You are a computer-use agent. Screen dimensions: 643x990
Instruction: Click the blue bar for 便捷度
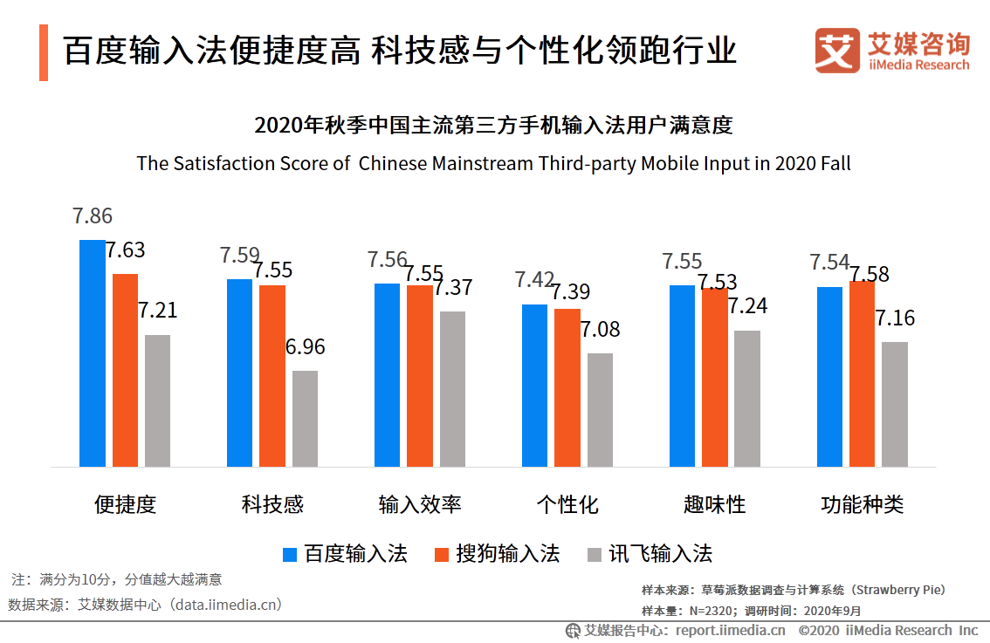92,353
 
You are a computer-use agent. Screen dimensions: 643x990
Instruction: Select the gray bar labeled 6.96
305,419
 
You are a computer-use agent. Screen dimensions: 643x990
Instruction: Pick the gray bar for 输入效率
452,389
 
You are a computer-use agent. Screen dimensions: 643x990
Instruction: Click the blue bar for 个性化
534,386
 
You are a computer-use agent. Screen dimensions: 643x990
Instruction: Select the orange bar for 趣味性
714,377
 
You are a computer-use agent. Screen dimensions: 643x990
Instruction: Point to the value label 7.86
92,216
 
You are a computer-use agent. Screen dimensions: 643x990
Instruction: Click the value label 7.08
600,329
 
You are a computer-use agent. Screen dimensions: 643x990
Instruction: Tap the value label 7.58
870,275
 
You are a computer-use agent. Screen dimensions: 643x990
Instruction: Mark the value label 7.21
157,311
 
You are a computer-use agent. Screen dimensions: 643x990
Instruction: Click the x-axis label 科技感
272,504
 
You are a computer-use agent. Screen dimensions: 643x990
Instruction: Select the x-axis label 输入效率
420,504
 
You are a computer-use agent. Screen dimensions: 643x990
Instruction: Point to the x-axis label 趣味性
714,504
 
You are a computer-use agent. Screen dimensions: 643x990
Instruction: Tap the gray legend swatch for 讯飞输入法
595,555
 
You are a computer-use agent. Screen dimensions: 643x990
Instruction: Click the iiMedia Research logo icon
837,51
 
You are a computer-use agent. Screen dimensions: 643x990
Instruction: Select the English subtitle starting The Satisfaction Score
493,164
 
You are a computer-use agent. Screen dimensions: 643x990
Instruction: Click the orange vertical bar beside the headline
44,53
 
